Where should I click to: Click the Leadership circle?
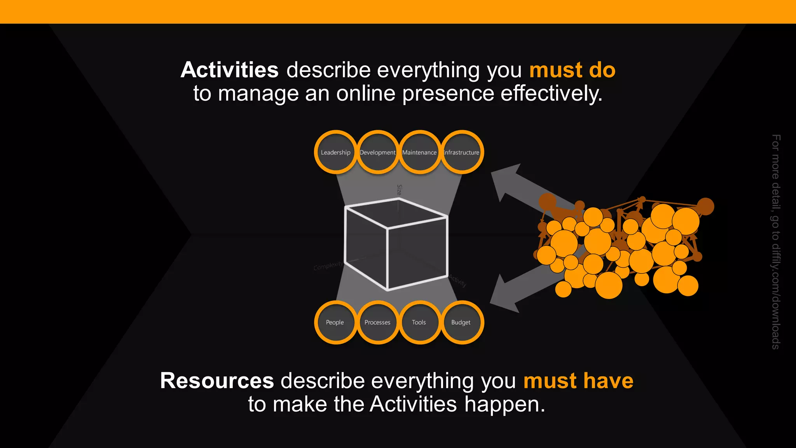tap(335, 152)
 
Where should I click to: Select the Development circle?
tap(377, 152)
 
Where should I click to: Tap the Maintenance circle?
tap(419, 152)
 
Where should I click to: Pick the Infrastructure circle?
tap(462, 152)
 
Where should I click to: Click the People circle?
tap(335, 322)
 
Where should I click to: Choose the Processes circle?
tap(377, 322)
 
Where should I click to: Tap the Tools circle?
tap(419, 322)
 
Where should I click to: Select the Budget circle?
tap(461, 322)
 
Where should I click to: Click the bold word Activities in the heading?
tap(229, 70)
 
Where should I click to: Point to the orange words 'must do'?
tap(572, 70)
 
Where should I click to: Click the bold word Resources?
tap(217, 380)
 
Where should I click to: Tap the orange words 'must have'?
tap(578, 380)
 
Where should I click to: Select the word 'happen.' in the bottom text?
tap(505, 404)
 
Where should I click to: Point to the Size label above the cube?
tap(399, 190)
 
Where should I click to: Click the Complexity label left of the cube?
tap(328, 266)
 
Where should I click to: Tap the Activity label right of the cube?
tap(458, 280)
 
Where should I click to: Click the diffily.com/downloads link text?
tap(776, 296)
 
